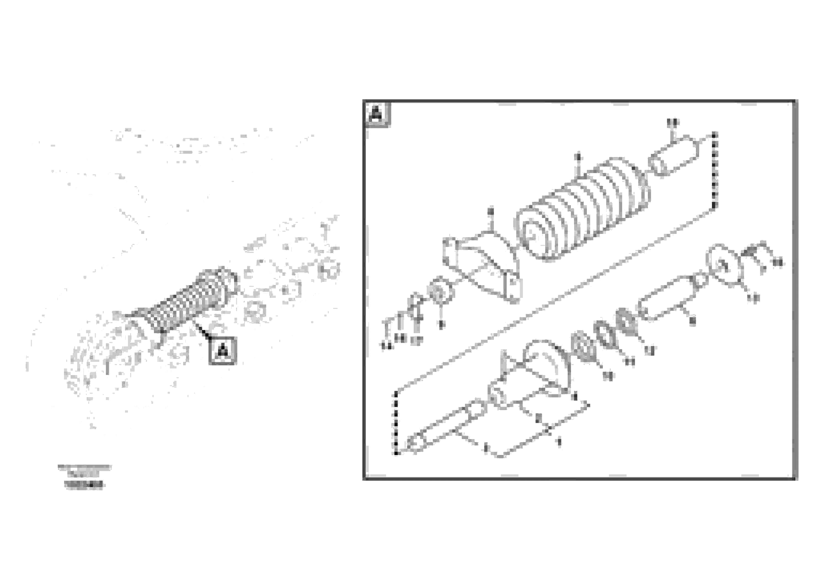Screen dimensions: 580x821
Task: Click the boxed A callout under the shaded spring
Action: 222,351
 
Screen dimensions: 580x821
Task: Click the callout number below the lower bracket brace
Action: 559,442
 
